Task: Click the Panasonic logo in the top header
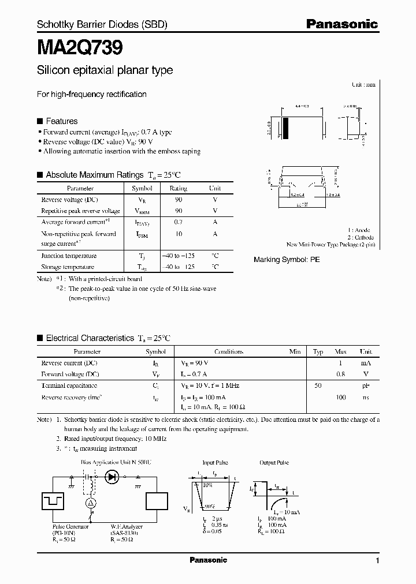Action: tap(342, 24)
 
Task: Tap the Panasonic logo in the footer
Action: tap(208, 560)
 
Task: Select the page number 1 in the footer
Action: tap(377, 561)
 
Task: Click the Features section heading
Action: tap(61, 121)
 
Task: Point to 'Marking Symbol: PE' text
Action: tap(287, 260)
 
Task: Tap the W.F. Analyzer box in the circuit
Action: tap(157, 500)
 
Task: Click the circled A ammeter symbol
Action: tap(90, 504)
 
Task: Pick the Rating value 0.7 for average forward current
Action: tap(179, 222)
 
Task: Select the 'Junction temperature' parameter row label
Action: tap(69, 256)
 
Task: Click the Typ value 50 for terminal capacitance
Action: tap(318, 385)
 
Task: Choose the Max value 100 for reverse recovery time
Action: tap(341, 398)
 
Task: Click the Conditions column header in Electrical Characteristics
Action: tap(229, 351)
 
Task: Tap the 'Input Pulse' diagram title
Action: tap(216, 463)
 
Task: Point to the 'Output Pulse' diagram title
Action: tap(273, 463)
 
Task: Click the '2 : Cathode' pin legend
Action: tap(361, 237)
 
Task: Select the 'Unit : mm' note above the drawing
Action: tap(363, 84)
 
